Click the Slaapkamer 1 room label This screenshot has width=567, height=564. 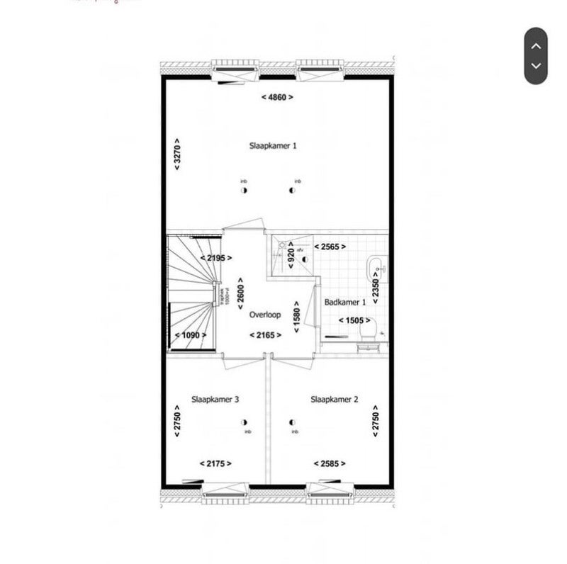[273, 145]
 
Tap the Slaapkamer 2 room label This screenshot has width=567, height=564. [335, 400]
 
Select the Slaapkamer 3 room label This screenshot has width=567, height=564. [215, 400]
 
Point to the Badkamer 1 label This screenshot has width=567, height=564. [344, 303]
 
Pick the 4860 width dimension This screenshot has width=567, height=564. [276, 97]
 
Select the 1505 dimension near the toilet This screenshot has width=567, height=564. [354, 320]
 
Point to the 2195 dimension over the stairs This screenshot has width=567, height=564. [216, 258]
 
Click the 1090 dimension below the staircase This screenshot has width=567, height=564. [191, 335]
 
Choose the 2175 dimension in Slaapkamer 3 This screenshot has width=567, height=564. [215, 463]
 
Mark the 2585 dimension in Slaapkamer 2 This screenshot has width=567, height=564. [330, 463]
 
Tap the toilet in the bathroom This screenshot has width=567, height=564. [369, 337]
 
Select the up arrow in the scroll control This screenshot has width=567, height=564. [537, 45]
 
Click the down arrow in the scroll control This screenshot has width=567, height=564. [537, 66]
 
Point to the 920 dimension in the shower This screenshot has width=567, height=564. [291, 256]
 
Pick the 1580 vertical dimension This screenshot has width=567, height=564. [298, 315]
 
